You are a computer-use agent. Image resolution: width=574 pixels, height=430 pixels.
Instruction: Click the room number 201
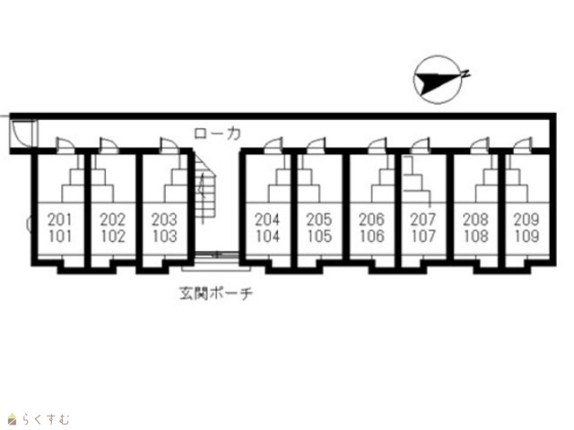pyautogui.click(x=61, y=219)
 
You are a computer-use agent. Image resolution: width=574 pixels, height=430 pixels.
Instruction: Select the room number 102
pyautogui.click(x=113, y=236)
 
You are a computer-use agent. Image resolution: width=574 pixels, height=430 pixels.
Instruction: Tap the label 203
pyautogui.click(x=164, y=219)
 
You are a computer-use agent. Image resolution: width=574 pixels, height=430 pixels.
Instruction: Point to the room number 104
pyautogui.click(x=267, y=236)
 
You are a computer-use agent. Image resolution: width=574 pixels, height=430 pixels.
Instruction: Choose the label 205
pyautogui.click(x=319, y=219)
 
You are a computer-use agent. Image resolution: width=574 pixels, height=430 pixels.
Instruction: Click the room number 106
pyautogui.click(x=371, y=236)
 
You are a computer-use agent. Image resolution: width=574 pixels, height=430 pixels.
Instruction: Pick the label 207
pyautogui.click(x=423, y=219)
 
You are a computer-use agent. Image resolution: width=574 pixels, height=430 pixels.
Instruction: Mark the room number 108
pyautogui.click(x=476, y=236)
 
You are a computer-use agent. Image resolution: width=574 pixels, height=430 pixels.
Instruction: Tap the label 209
pyautogui.click(x=526, y=219)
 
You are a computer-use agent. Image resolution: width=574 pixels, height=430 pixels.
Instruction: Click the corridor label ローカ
pyautogui.click(x=217, y=133)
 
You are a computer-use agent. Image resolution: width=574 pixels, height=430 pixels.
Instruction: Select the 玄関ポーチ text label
pyautogui.click(x=216, y=293)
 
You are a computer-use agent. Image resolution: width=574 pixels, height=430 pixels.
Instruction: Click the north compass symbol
pyautogui.click(x=440, y=80)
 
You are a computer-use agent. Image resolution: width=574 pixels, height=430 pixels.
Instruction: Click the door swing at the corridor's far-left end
pyautogui.click(x=22, y=133)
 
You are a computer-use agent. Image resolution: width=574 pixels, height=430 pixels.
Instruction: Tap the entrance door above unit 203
pyautogui.click(x=170, y=145)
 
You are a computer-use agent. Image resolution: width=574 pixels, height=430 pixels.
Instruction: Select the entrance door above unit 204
pyautogui.click(x=273, y=145)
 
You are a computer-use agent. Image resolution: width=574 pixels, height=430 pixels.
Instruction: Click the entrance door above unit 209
pyautogui.click(x=522, y=145)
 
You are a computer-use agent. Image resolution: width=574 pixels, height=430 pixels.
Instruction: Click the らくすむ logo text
pyautogui.click(x=45, y=419)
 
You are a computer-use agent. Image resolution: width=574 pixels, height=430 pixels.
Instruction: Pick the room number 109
pyautogui.click(x=526, y=236)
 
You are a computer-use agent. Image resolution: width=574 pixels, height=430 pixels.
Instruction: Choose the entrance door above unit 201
pyautogui.click(x=65, y=145)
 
